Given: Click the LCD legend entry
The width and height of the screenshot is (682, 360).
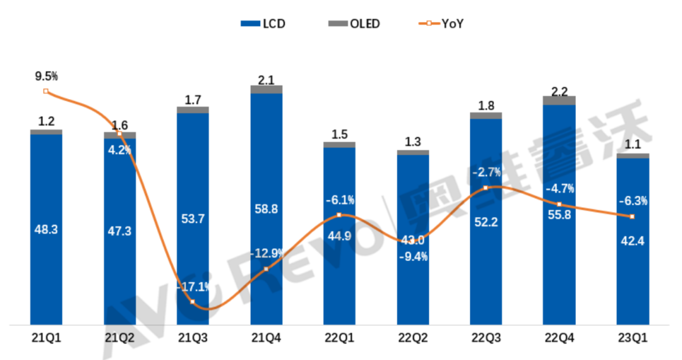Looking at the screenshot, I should click(263, 24).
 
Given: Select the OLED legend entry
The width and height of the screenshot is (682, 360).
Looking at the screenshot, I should click(356, 24).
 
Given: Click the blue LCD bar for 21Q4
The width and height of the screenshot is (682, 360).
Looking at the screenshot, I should click(266, 158).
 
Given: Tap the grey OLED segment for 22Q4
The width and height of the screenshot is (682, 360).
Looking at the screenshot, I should click(559, 100).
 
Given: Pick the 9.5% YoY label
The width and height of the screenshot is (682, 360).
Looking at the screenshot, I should click(46, 76).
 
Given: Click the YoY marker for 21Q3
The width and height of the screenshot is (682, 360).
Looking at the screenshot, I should click(193, 302).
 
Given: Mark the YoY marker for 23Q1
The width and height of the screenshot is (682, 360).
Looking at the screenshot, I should click(632, 217).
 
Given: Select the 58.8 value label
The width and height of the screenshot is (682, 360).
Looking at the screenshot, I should click(266, 225).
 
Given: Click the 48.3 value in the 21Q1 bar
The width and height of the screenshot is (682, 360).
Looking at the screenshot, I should click(46, 230).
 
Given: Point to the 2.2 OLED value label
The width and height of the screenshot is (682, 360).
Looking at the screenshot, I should click(559, 90).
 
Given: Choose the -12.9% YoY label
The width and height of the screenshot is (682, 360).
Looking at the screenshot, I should click(266, 253).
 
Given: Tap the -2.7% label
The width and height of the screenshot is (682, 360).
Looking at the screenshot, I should click(486, 172).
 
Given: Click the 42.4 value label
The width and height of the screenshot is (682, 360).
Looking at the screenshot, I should click(632, 241).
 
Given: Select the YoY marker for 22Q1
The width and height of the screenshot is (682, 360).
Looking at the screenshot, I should click(339, 215).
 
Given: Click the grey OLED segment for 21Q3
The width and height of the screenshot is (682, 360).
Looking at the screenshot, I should click(193, 110).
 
